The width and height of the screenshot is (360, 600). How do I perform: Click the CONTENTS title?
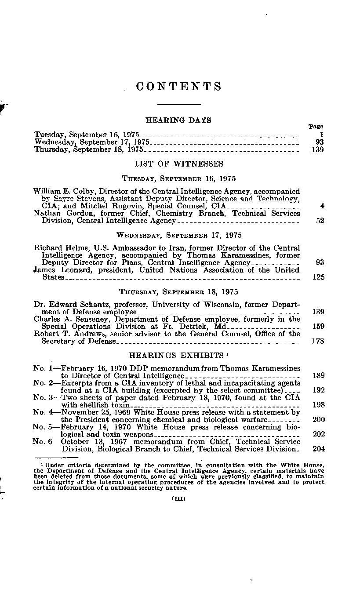click(x=179, y=86)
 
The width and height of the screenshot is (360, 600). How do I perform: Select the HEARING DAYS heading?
click(x=178, y=120)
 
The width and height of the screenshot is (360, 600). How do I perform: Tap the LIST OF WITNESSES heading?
click(x=179, y=164)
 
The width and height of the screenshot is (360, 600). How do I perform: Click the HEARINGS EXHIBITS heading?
click(x=176, y=355)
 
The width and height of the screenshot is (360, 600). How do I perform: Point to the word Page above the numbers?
click(x=316, y=127)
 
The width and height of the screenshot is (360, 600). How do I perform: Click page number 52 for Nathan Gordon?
click(x=320, y=221)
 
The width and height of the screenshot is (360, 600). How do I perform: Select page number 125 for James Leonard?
click(x=318, y=277)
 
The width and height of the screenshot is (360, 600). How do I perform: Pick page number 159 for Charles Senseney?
click(x=318, y=327)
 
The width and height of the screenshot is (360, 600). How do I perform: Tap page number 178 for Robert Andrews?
click(x=318, y=341)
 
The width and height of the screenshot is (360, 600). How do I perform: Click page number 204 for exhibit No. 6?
click(x=318, y=449)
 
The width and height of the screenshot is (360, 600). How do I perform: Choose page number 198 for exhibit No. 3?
click(x=318, y=405)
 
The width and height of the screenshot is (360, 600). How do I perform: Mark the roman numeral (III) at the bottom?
click(x=179, y=499)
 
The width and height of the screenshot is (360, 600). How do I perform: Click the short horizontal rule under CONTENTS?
click(x=179, y=104)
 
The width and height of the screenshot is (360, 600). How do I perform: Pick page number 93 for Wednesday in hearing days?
click(x=320, y=142)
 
